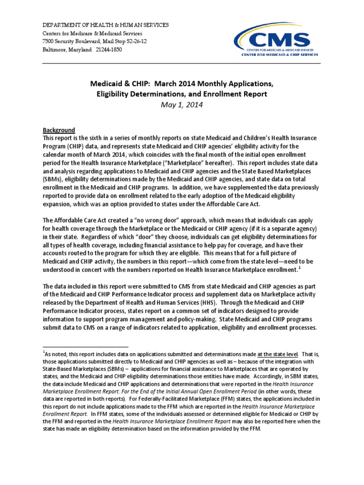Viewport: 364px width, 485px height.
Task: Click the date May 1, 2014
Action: coord(182,105)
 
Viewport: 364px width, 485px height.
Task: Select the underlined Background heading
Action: coord(59,130)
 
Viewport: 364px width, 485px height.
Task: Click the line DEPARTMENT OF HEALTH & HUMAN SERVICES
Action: coord(105,25)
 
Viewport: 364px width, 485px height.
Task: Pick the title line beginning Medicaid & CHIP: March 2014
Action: coord(182,84)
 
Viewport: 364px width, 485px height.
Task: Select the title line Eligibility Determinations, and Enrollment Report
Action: coord(182,94)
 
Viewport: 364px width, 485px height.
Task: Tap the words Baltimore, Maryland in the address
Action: coord(67,50)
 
